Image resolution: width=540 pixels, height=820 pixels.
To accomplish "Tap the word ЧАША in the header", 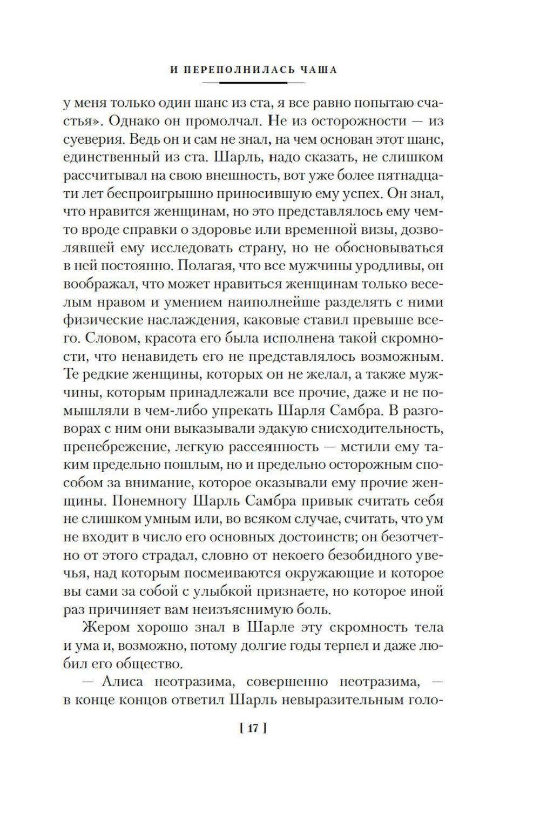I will point(319,71).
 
